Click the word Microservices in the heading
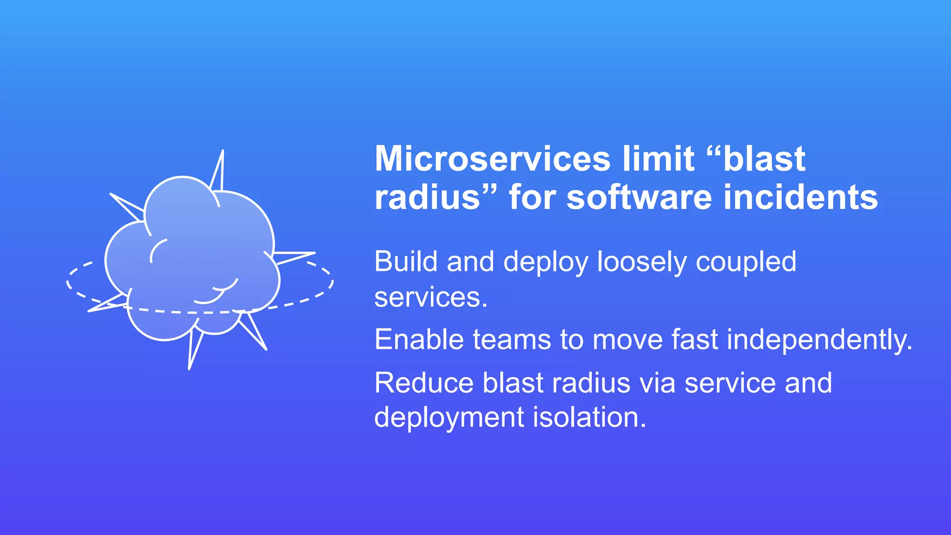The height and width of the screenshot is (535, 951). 492,159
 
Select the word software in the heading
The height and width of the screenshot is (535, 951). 639,197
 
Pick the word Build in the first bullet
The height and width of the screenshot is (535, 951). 406,261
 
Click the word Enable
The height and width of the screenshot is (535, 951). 419,339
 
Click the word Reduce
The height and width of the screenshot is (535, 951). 423,383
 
